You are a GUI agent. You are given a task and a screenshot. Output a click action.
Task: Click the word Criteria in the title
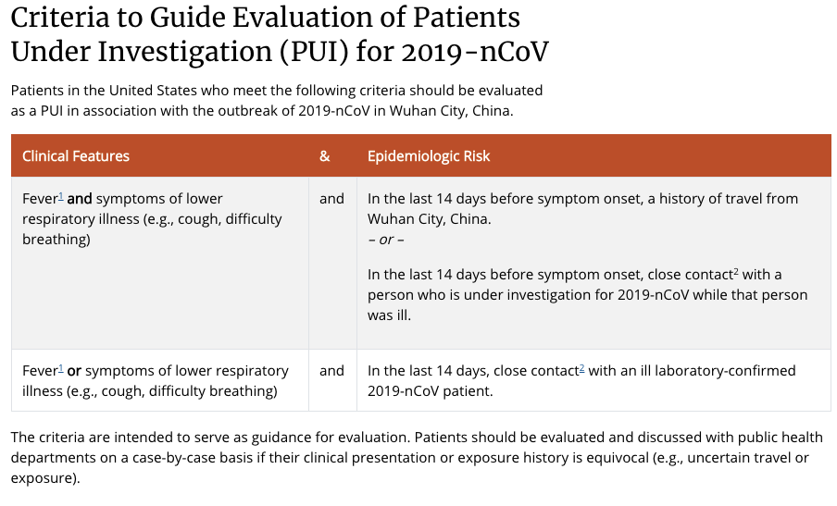[x=66, y=18]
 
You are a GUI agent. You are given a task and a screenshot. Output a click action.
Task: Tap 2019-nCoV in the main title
[x=475, y=53]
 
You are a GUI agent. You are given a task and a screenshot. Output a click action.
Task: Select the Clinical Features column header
[x=76, y=156]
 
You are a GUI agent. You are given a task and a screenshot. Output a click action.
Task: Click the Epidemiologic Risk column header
[x=429, y=156]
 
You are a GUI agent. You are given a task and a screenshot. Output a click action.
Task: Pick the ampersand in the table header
[x=325, y=156]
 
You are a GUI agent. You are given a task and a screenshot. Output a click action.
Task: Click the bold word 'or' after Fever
[x=74, y=371]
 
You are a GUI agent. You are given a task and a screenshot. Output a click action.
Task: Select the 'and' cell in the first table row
[x=331, y=199]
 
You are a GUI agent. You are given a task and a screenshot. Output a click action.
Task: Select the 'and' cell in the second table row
[x=331, y=371]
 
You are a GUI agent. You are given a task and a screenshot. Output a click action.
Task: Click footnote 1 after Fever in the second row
[x=61, y=368]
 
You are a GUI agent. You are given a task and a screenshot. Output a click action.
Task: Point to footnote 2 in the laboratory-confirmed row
[x=581, y=368]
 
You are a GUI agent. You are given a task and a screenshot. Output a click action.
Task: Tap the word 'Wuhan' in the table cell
[x=391, y=219]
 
